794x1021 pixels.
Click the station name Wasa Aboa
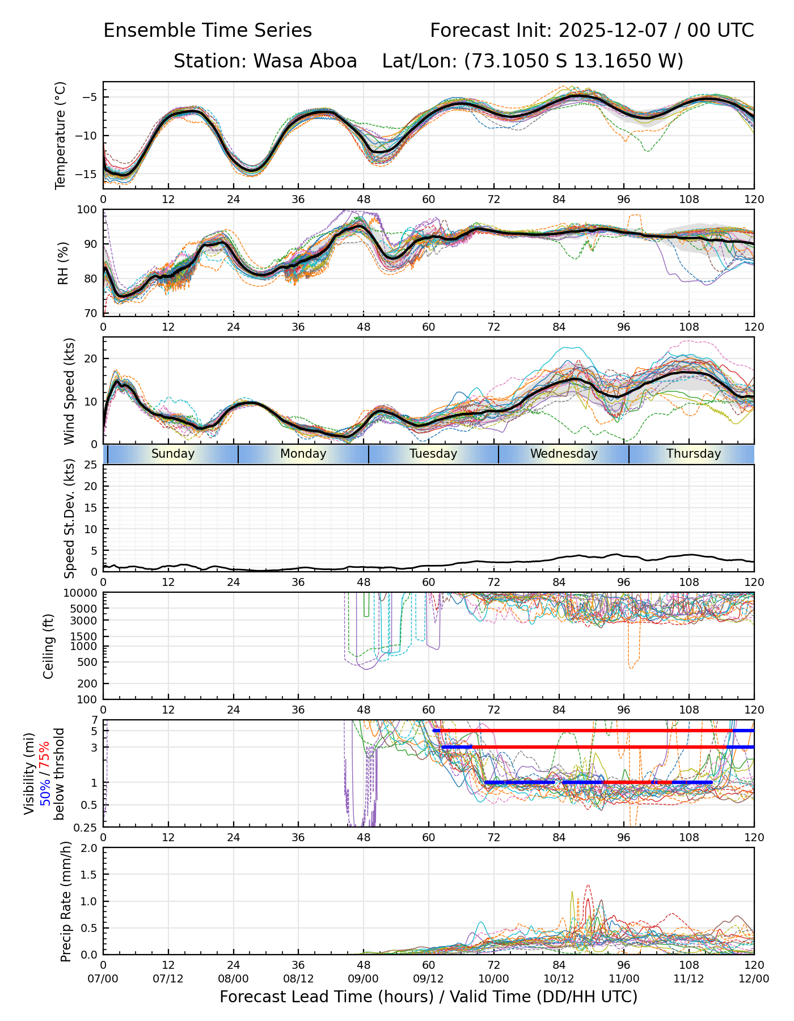click(305, 61)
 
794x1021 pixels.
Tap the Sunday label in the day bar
click(173, 454)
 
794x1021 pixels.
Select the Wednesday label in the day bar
click(564, 454)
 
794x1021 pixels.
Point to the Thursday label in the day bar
click(693, 454)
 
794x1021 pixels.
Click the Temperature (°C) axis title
click(61, 135)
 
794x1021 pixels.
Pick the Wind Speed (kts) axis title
click(69, 391)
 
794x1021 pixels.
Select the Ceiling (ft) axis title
click(49, 646)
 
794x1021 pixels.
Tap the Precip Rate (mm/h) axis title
click(66, 901)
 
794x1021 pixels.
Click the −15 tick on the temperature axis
click(89, 174)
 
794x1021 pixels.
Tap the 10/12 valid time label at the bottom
click(559, 978)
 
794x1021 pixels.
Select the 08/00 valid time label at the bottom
click(233, 978)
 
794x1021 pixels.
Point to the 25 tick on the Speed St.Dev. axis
click(91, 465)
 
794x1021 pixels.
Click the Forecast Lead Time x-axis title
click(428, 997)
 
